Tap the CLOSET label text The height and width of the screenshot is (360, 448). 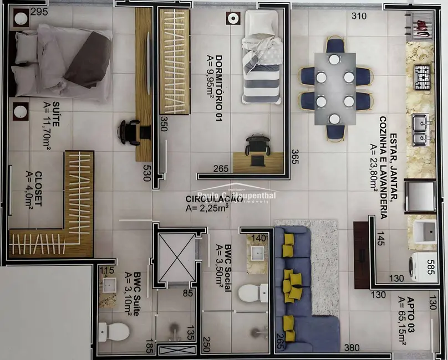coord(34,188)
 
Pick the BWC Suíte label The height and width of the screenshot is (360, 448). coord(133,300)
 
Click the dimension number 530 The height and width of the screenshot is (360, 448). coord(147,169)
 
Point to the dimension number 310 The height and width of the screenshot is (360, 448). coord(359,16)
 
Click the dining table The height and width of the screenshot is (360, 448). coord(335,89)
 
